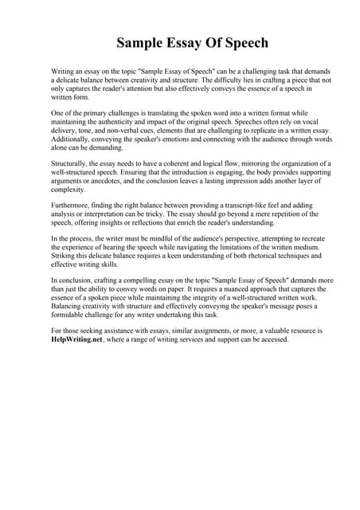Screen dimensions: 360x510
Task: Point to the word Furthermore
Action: pyautogui.click(x=71, y=205)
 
